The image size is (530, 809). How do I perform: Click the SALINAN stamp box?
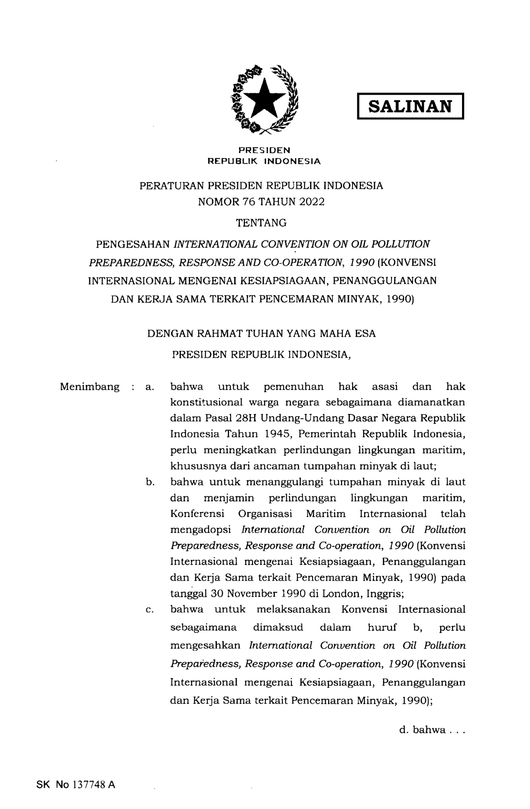click(x=410, y=106)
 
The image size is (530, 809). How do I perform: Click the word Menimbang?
click(x=90, y=387)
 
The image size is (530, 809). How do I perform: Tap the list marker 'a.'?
click(x=151, y=387)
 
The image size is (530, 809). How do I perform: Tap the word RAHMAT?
click(x=224, y=334)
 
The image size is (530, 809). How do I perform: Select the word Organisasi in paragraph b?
click(x=265, y=514)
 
